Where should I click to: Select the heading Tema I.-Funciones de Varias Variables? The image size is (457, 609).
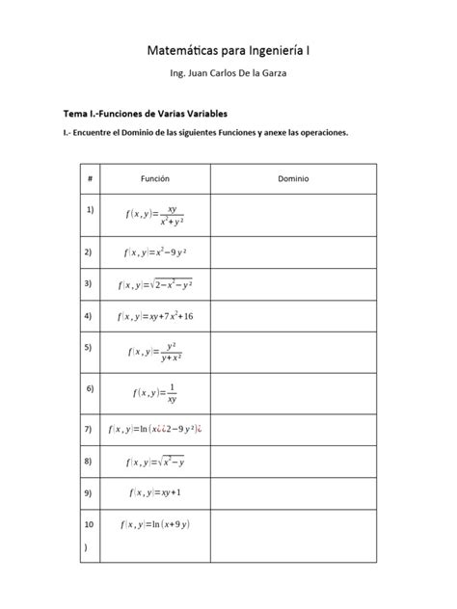point(138,113)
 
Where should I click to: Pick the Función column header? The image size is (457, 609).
point(154,179)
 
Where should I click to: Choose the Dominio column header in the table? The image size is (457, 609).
point(293,179)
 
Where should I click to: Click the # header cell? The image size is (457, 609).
point(90,179)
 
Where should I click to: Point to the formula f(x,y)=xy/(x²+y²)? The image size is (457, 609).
point(154,215)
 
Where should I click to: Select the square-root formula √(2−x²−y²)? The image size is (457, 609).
point(154,284)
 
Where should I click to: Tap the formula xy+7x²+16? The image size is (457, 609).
point(154,316)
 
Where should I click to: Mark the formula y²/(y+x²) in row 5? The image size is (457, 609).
point(154,352)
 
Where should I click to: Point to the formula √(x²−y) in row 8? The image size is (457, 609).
point(154,461)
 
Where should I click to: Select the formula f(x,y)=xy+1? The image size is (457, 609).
point(154,492)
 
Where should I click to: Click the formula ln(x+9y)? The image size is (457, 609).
point(154,524)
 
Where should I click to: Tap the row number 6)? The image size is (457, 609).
point(90,388)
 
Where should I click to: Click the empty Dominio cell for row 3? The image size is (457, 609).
point(293,284)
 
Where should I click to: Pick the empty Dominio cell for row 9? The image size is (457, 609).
point(293,492)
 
